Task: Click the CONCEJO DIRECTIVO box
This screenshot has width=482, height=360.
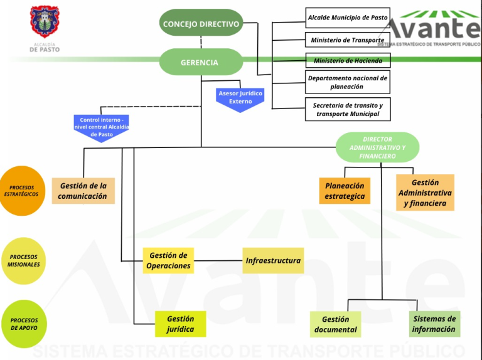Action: coord(201,24)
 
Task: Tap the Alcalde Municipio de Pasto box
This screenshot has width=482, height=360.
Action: coord(348,18)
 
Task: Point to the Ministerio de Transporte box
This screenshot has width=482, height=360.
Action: coord(348,40)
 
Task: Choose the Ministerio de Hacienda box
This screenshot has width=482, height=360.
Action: coord(348,61)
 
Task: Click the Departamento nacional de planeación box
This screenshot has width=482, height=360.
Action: coord(348,82)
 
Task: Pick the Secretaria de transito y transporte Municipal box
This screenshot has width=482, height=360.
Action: coord(348,110)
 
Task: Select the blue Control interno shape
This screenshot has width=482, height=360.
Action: coord(102,128)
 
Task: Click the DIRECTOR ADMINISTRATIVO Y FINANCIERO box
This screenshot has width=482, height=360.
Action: coord(377,147)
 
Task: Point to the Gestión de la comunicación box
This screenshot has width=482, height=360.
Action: coord(83,191)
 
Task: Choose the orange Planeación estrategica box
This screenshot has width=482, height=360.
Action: coord(345,191)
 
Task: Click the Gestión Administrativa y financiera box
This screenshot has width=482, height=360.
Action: coord(425,193)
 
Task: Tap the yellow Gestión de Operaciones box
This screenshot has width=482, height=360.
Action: coord(168,260)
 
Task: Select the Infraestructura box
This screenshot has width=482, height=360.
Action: coord(273,260)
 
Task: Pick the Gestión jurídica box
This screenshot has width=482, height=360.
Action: coord(180,324)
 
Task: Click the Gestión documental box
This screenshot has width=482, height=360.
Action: coord(335,324)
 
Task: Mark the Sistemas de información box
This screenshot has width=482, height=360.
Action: coord(434,324)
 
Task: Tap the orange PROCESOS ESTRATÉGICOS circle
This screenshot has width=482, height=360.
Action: coord(22,191)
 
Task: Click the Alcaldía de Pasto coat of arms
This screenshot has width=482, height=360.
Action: coord(44,23)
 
